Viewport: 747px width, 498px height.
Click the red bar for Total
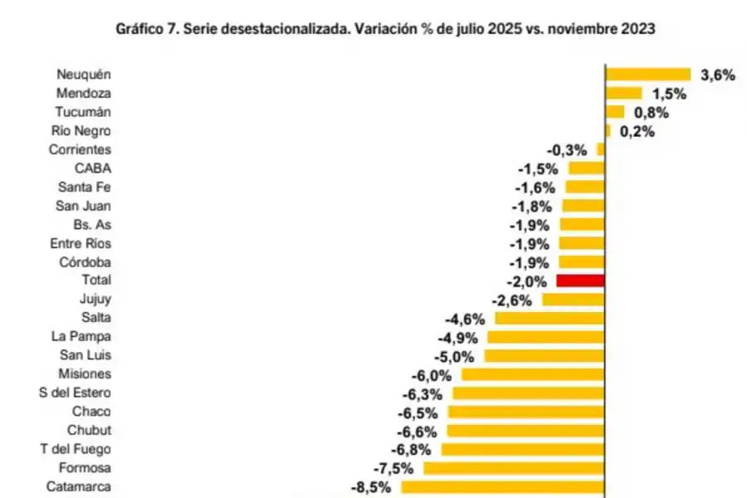click(x=580, y=281)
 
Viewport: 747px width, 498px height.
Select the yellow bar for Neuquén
click(x=648, y=75)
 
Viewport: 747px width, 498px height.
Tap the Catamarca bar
click(x=503, y=486)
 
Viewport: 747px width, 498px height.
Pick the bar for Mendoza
click(x=624, y=93)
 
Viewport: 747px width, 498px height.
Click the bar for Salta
click(x=549, y=318)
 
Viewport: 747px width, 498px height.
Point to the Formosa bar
click(x=514, y=468)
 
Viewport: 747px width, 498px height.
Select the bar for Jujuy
click(x=574, y=300)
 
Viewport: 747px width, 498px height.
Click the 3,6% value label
click(x=718, y=75)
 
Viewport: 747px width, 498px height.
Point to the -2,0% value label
click(x=525, y=281)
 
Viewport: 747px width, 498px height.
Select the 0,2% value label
click(x=637, y=131)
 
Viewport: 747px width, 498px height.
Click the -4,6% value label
click(x=465, y=319)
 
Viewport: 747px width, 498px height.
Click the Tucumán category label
click(x=82, y=112)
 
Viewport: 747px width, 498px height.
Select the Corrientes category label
click(x=80, y=149)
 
